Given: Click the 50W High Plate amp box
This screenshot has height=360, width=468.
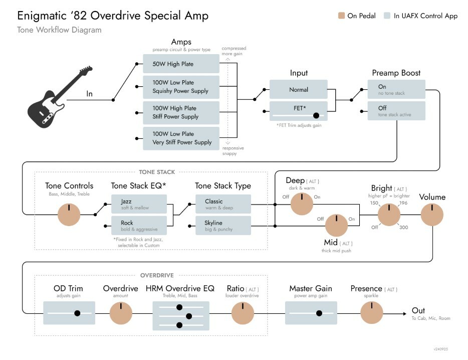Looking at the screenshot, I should (x=181, y=64).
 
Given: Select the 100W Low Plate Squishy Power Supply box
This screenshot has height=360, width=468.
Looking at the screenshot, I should (x=181, y=87).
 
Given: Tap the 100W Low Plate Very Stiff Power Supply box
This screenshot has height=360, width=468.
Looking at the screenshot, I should (x=181, y=138).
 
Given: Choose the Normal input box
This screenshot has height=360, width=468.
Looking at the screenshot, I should (x=299, y=90).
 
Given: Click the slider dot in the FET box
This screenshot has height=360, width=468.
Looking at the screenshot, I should (x=316, y=115).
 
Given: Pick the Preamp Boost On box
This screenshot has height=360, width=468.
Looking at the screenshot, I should (x=396, y=89).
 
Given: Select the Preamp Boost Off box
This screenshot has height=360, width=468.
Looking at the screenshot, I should (x=396, y=111).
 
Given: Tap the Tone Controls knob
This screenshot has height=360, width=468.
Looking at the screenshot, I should (x=69, y=215).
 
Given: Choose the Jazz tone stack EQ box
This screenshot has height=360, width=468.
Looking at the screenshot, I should (x=139, y=204).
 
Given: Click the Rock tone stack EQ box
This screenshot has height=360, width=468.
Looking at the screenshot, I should (x=139, y=226).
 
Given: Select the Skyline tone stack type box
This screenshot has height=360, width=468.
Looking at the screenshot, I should (x=223, y=226).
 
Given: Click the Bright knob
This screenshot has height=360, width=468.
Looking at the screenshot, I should (x=389, y=214).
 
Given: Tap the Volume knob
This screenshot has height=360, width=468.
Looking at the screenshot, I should (x=432, y=214).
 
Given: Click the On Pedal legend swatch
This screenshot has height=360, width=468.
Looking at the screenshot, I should (x=341, y=16).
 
